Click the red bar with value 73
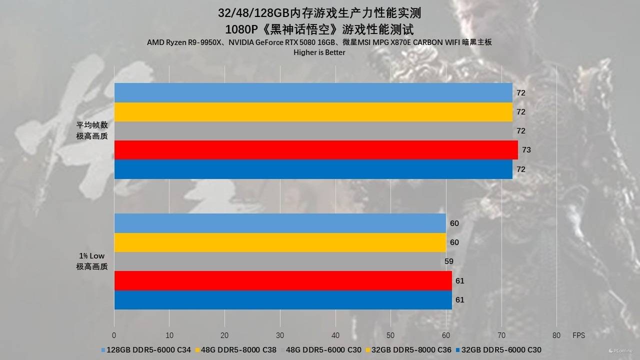[x=316, y=150]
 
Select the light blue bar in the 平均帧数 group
[x=313, y=92]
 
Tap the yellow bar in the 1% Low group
[x=280, y=242]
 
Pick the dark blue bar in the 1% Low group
[x=283, y=300]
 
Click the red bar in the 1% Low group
[x=283, y=280]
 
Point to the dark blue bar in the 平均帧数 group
[x=313, y=169]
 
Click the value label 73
[x=526, y=150]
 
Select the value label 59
[x=448, y=261]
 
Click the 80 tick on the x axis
[x=556, y=335]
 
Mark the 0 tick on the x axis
[x=114, y=335]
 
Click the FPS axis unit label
[x=578, y=335]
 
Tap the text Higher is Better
[x=319, y=52]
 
